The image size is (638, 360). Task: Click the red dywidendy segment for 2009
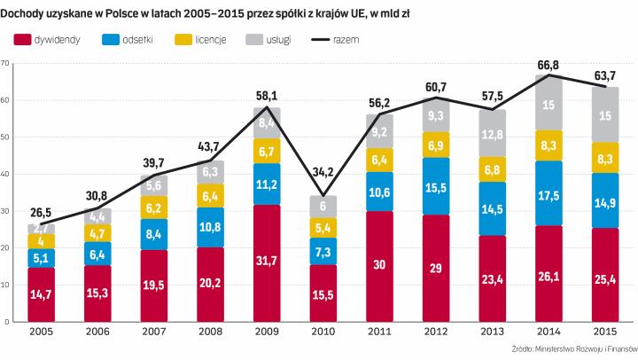tap(267, 263)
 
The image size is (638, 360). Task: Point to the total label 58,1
tap(267, 95)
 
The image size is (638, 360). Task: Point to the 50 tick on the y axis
tap(6, 137)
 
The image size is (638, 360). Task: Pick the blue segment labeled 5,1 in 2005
tap(41, 258)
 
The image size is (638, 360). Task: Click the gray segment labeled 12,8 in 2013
tap(492, 133)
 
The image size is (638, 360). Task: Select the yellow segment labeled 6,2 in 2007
tap(153, 207)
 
